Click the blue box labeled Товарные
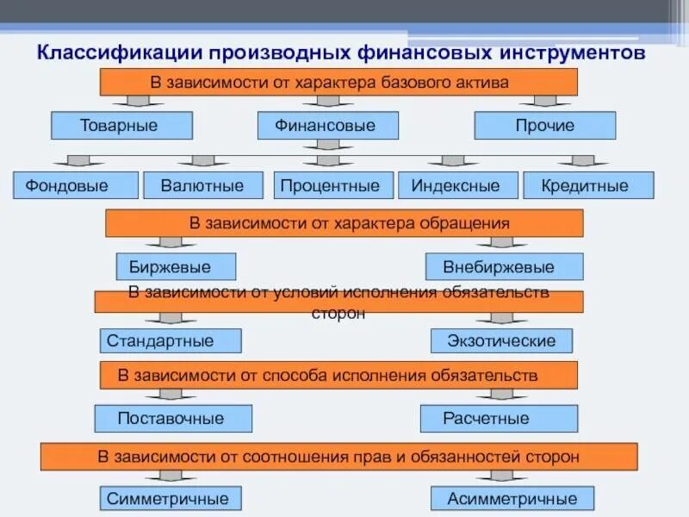click(121, 126)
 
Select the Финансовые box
click(327, 126)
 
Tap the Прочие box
click(545, 126)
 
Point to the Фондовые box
click(76, 185)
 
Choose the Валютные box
click(202, 185)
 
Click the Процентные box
click(333, 185)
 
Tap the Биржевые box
click(176, 266)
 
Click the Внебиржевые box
click(504, 266)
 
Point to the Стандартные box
click(171, 340)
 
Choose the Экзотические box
click(501, 340)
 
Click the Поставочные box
click(173, 419)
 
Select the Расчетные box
click(499, 419)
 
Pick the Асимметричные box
click(512, 498)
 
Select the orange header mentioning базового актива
click(338, 82)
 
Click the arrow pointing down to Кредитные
click(583, 161)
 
